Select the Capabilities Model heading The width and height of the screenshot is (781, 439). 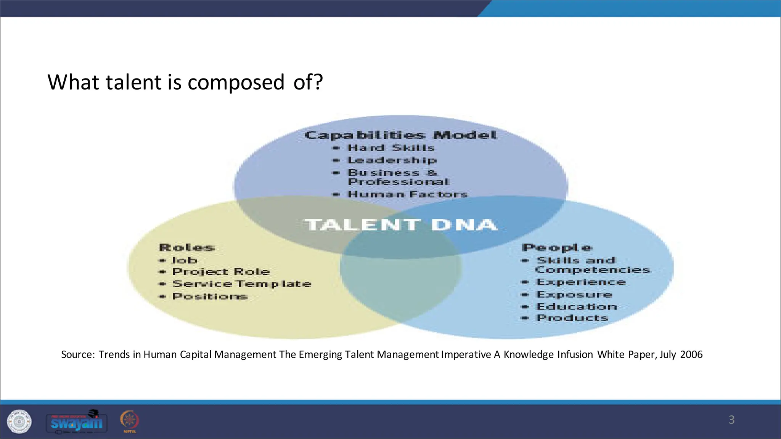400,135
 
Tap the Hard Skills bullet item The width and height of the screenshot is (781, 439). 391,148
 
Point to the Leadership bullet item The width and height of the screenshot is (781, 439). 392,160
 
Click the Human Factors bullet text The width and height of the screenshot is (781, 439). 407,194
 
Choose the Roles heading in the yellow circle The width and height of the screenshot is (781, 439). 186,248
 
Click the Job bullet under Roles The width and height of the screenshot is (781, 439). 185,260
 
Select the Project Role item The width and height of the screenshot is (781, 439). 221,272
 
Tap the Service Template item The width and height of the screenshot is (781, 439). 242,284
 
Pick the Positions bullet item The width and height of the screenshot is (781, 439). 210,296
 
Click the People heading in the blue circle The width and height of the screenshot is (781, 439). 557,248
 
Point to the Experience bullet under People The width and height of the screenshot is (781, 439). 581,282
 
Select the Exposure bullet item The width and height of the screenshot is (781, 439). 574,295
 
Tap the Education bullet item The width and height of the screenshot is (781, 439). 577,307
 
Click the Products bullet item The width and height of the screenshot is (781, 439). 572,318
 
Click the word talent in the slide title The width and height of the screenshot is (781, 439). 133,82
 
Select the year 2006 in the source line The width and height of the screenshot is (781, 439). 691,354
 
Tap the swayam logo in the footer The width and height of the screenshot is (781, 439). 77,422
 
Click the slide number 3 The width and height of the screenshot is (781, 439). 731,420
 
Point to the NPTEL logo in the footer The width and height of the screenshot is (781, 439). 130,421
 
